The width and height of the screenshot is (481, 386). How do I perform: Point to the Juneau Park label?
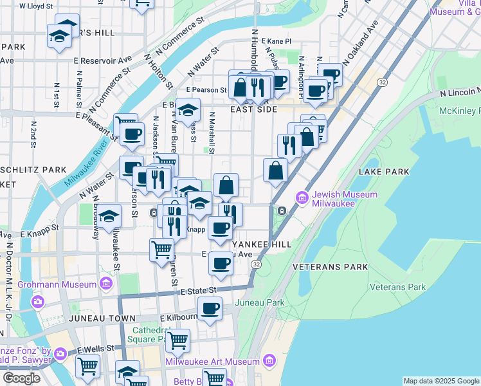click(x=260, y=302)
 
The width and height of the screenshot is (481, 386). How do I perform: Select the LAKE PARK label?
click(x=384, y=172)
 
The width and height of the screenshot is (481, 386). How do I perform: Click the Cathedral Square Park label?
click(x=146, y=335)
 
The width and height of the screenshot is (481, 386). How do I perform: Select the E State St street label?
click(x=198, y=291)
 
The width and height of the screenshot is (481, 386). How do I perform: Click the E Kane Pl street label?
click(x=275, y=41)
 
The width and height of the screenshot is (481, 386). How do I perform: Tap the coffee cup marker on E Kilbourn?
click(x=210, y=309)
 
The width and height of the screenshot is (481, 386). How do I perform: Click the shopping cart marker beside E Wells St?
click(x=87, y=366)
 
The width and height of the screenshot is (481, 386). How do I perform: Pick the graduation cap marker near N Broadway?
click(x=110, y=216)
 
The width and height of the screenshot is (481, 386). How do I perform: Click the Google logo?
click(x=21, y=378)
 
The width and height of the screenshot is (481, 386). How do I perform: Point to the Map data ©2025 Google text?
click(x=440, y=381)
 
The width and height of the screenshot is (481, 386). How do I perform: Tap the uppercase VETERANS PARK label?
click(x=330, y=266)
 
